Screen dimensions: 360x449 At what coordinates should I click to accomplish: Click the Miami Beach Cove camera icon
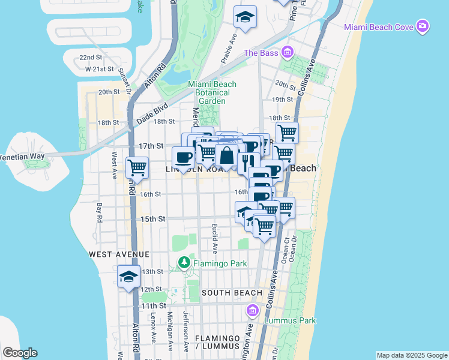point(423,26)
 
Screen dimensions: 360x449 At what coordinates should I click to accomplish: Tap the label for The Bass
point(261,53)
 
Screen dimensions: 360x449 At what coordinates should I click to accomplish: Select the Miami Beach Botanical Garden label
point(212,92)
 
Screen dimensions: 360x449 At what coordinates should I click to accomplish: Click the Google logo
point(19,353)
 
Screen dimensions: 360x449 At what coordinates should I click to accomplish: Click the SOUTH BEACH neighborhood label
point(232,293)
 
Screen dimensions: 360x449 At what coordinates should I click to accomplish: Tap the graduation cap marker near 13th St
point(129,277)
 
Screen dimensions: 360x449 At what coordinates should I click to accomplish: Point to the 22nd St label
point(91,58)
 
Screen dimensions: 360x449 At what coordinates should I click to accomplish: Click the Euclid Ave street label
point(214,238)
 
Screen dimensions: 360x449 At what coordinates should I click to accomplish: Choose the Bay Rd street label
point(100,212)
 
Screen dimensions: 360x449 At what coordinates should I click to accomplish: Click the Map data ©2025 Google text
point(412,355)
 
